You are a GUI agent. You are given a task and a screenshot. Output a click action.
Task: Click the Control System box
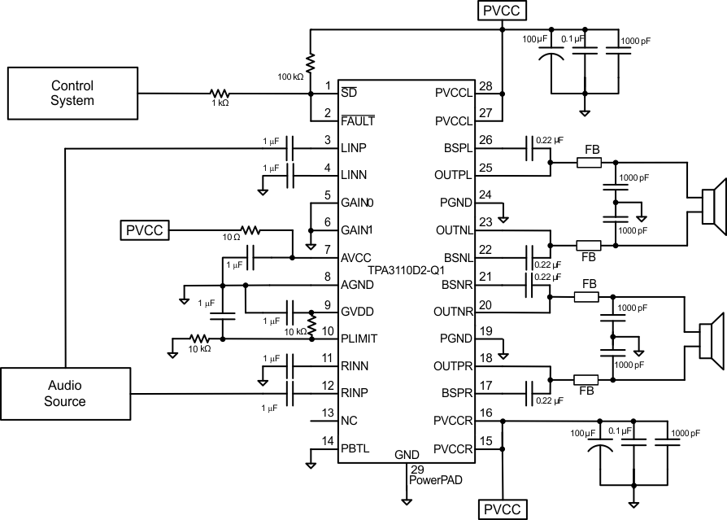point(72,93)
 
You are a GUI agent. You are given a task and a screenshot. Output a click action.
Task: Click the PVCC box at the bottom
point(503,509)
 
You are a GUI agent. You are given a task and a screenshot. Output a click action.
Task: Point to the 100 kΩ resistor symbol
point(310,63)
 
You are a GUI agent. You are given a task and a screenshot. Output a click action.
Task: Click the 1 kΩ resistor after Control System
point(220,94)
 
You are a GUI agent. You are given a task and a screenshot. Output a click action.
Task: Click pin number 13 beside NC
point(327,414)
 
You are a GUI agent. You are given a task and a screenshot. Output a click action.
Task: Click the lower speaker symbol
point(712,334)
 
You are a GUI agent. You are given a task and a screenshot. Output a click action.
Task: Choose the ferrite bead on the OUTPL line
point(589,163)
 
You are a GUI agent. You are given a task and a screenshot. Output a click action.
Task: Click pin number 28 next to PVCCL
point(486,86)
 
